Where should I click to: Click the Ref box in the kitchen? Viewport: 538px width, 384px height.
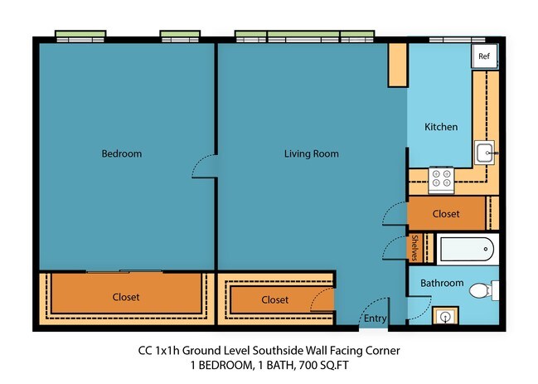(484, 56)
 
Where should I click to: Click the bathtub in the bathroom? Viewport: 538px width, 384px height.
(466, 248)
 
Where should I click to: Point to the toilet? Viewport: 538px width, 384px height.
(481, 291)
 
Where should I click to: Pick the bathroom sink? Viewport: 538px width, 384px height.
(446, 317)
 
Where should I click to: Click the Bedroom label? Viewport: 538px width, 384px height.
(121, 153)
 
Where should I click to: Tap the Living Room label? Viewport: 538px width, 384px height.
(311, 153)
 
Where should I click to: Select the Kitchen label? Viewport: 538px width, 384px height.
(441, 127)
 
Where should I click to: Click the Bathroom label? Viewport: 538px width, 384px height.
(441, 283)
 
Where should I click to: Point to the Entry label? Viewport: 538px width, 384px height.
(375, 318)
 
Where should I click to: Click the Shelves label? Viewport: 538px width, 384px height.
(414, 248)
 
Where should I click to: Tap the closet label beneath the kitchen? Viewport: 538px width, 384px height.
(445, 214)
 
